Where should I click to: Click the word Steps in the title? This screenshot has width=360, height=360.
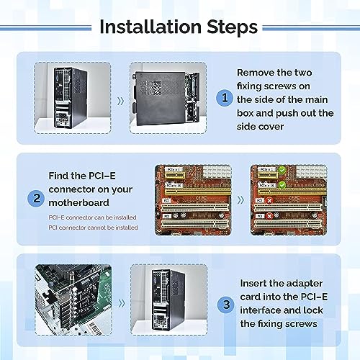point(228,27)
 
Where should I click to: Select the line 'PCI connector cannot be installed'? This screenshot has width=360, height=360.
point(93,228)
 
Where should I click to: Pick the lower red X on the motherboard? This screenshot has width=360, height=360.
point(268,215)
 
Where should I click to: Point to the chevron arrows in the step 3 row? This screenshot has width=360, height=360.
point(120,304)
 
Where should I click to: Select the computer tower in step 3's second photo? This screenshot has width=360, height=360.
point(166,302)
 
